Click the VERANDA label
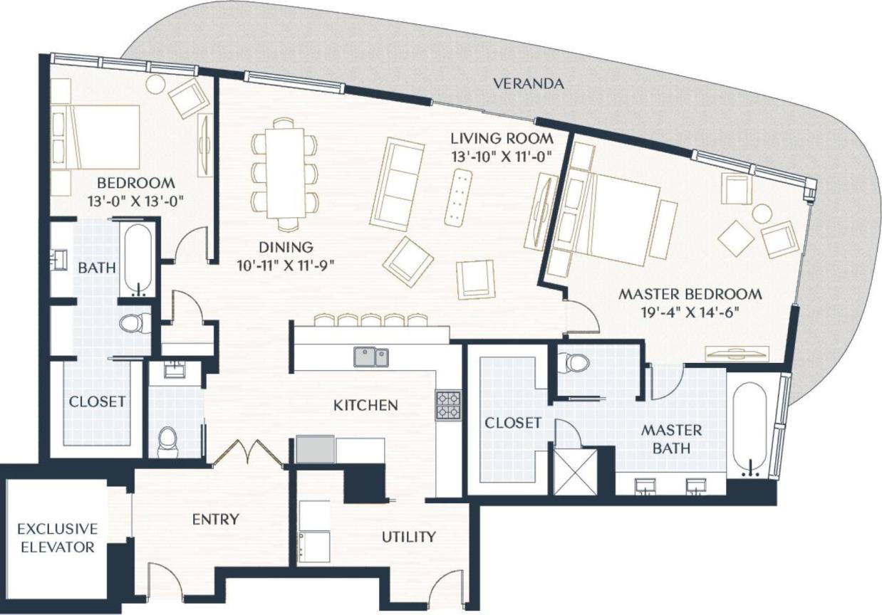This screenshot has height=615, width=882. pyautogui.click(x=529, y=84)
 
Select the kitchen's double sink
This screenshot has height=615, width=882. pyautogui.click(x=371, y=357)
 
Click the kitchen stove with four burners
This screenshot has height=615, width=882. pyautogui.click(x=448, y=405)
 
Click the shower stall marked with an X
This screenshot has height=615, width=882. pyautogui.click(x=575, y=471)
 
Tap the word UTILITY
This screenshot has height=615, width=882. pyautogui.click(x=409, y=536)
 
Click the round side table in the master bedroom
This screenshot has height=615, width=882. pyautogui.click(x=762, y=213)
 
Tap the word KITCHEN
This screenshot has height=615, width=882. pyautogui.click(x=365, y=406)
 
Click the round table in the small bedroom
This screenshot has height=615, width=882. pyautogui.click(x=155, y=83)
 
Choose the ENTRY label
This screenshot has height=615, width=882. pyautogui.click(x=215, y=520)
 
